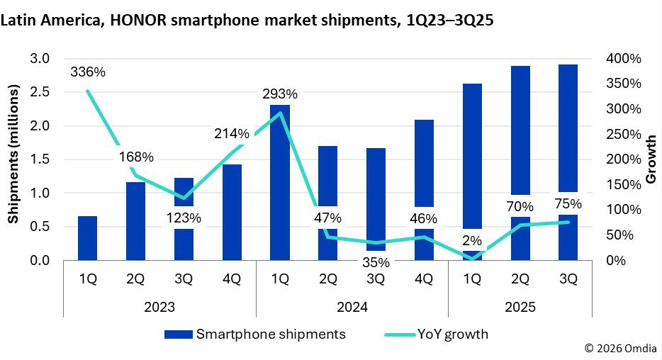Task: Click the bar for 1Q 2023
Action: tap(87, 238)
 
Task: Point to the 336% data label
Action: tap(88, 72)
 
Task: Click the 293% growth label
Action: tap(280, 94)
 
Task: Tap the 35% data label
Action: tap(376, 262)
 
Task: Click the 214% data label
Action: tap(232, 134)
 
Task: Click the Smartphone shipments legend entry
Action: tap(255, 334)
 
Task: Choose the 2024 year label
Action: tap(352, 308)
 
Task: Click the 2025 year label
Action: tap(520, 308)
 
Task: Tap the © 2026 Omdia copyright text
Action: tap(620, 349)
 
